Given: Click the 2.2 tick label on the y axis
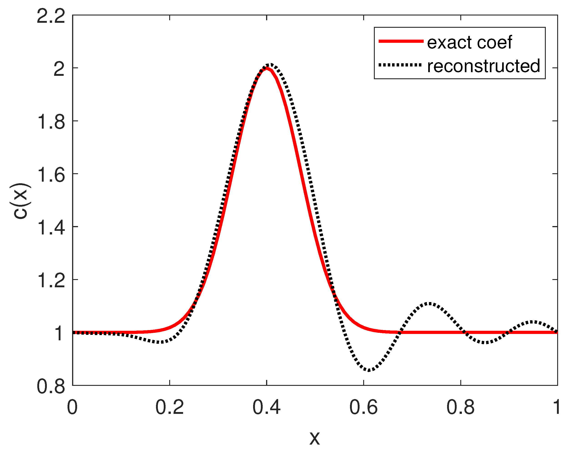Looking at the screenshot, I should coord(51,16).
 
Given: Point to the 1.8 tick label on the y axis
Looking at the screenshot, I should coord(51,122).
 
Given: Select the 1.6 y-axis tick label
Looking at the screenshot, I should coord(51,175).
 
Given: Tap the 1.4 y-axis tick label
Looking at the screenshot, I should coord(51,228).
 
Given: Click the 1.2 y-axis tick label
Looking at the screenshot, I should coord(51,280).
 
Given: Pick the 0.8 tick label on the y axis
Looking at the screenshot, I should coord(51,387).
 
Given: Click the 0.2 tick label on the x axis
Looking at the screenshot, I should coord(169,407).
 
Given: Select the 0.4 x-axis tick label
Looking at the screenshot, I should coord(267,407).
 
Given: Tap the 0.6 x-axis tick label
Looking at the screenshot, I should coord(363,407).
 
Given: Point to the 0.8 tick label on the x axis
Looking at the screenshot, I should coord(461,407).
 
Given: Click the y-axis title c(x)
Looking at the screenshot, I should coord(21,201).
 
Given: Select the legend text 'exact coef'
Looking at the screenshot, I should coord(469,42).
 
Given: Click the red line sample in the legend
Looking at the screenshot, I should coord(401,41).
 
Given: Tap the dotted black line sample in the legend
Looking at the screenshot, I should coord(401,65).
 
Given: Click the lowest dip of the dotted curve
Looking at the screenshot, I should coord(369,370).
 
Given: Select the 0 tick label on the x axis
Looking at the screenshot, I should coord(72,407).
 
